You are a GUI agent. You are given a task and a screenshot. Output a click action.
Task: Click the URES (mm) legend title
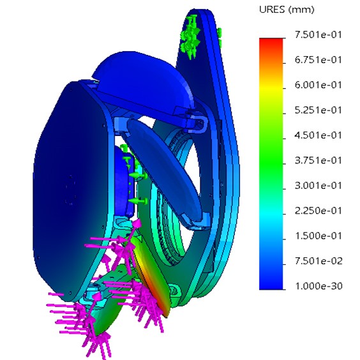[x=287, y=10]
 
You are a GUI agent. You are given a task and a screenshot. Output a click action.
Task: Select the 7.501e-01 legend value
[x=319, y=35]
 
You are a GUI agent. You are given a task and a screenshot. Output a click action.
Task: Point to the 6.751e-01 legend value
[x=319, y=60]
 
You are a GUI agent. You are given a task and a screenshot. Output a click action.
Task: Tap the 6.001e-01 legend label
[x=319, y=85]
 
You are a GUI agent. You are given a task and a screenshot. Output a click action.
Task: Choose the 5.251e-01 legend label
[x=319, y=110]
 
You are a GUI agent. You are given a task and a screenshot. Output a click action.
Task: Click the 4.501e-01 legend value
[x=319, y=135]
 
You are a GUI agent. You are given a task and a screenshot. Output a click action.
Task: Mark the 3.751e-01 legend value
[x=319, y=160]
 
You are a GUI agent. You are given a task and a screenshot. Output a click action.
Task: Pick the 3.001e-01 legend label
[x=319, y=186]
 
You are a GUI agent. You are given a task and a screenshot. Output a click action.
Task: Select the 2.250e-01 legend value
[x=319, y=211]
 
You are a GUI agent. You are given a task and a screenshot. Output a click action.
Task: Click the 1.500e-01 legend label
[x=319, y=236]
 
